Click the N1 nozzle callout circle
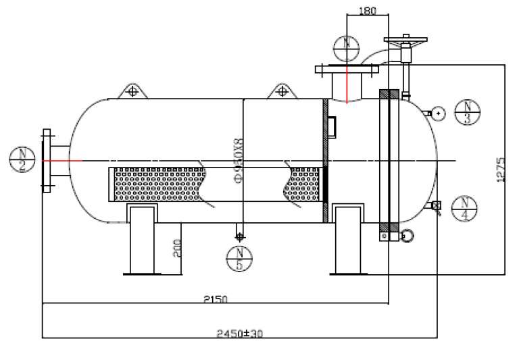pyautogui.click(x=347, y=47)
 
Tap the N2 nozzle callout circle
pyautogui.click(x=22, y=160)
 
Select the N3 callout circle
pyautogui.click(x=467, y=112)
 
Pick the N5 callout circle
pyautogui.click(x=239, y=259)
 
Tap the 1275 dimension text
pyautogui.click(x=501, y=170)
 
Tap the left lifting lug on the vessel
pyautogui.click(x=132, y=91)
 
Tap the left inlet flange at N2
pyautogui.click(x=47, y=161)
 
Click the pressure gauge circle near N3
pyautogui.click(x=439, y=113)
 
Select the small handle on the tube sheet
pyautogui.click(x=332, y=126)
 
